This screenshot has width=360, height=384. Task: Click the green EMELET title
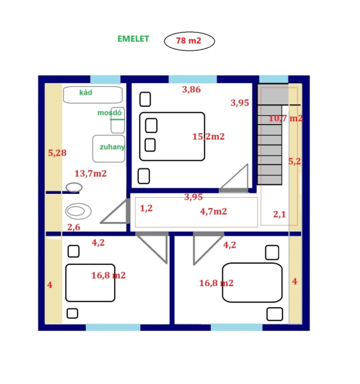coord(133,39)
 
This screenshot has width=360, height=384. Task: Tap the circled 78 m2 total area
coord(188,40)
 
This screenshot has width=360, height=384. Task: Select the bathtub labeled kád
coord(93,95)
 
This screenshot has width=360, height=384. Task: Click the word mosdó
coord(110,113)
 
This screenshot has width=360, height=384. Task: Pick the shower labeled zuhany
coord(108,148)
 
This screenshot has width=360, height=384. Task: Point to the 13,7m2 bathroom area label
coord(90,173)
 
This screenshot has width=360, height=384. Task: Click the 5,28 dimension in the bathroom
coord(57,153)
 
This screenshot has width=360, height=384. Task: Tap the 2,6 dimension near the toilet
coord(74,227)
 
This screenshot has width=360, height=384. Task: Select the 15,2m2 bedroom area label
coord(208,136)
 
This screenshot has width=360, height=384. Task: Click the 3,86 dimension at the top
coord(192,90)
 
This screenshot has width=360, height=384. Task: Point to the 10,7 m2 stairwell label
coord(286,118)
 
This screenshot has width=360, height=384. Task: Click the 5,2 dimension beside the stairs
coord(294,161)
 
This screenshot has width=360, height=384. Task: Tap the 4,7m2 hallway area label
coord(213,211)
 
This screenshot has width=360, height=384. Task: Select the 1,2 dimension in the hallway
coord(146,208)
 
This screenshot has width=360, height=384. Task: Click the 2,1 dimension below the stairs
coord(279,214)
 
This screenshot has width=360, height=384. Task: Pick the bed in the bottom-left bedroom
coord(90,283)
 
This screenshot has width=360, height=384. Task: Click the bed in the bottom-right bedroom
coord(252,283)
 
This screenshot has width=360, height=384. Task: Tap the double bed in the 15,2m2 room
coord(172,136)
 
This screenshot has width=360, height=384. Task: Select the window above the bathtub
coord(106,79)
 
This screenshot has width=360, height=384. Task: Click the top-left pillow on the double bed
coord(151,125)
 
